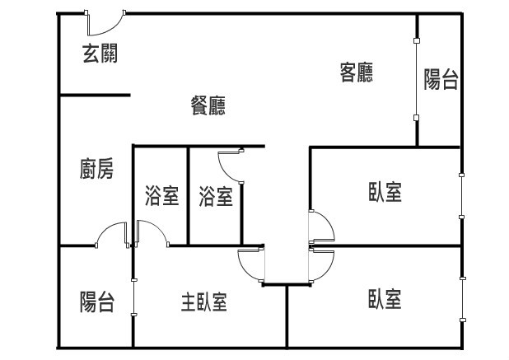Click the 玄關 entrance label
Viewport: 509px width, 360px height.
tap(100, 54)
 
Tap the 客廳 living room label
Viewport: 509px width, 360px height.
tap(357, 72)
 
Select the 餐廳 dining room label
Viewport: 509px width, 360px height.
tap(208, 105)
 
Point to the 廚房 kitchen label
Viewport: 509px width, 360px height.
tap(97, 170)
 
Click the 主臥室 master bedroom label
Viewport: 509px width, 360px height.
tap(204, 302)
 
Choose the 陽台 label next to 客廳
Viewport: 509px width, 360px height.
tap(441, 79)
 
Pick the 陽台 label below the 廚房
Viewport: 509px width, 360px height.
tap(97, 302)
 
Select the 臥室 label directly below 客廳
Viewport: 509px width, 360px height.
tap(385, 193)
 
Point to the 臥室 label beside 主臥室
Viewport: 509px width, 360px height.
tap(385, 298)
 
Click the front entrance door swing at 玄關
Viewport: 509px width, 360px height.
tap(104, 23)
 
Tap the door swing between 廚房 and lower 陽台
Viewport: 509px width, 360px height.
tap(110, 236)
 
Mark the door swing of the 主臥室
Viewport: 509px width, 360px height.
tap(250, 265)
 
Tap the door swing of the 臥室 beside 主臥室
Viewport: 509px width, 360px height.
tap(323, 264)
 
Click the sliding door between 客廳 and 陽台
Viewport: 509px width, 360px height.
tap(417, 79)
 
